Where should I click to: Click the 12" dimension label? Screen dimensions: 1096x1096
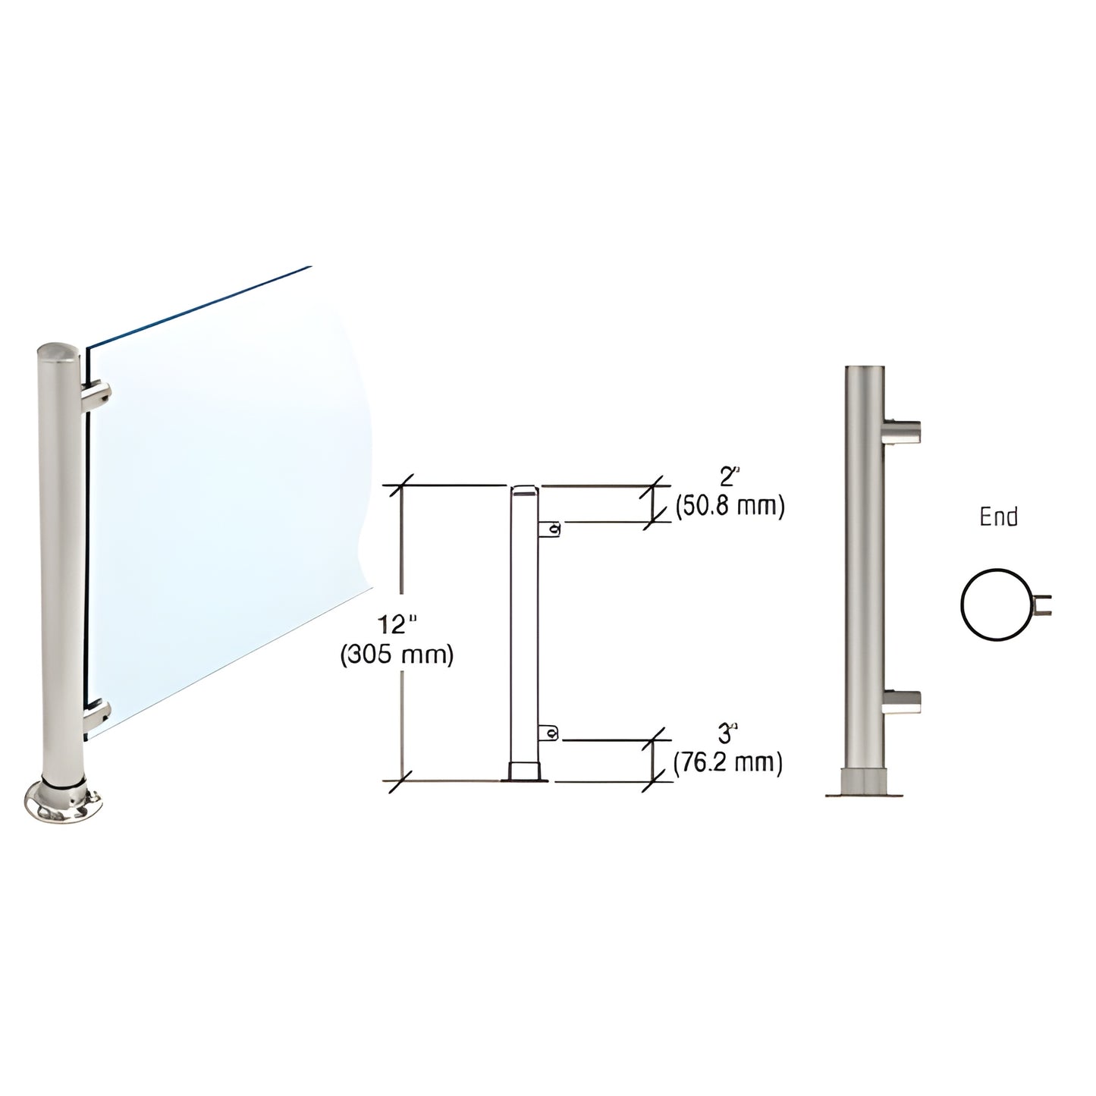click(397, 626)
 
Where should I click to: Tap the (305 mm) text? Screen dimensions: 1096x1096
click(397, 655)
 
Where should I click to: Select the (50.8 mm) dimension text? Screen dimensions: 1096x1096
click(729, 507)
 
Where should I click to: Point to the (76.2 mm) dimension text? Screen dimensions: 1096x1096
click(728, 762)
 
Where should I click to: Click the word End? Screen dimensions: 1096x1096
click(998, 517)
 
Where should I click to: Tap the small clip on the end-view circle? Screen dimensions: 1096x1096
click(1044, 605)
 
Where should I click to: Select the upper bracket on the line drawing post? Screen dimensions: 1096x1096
click(551, 529)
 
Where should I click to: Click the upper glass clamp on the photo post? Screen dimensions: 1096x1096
click(99, 396)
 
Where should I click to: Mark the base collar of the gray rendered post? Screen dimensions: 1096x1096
click(865, 780)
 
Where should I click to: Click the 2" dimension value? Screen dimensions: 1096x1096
click(728, 478)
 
